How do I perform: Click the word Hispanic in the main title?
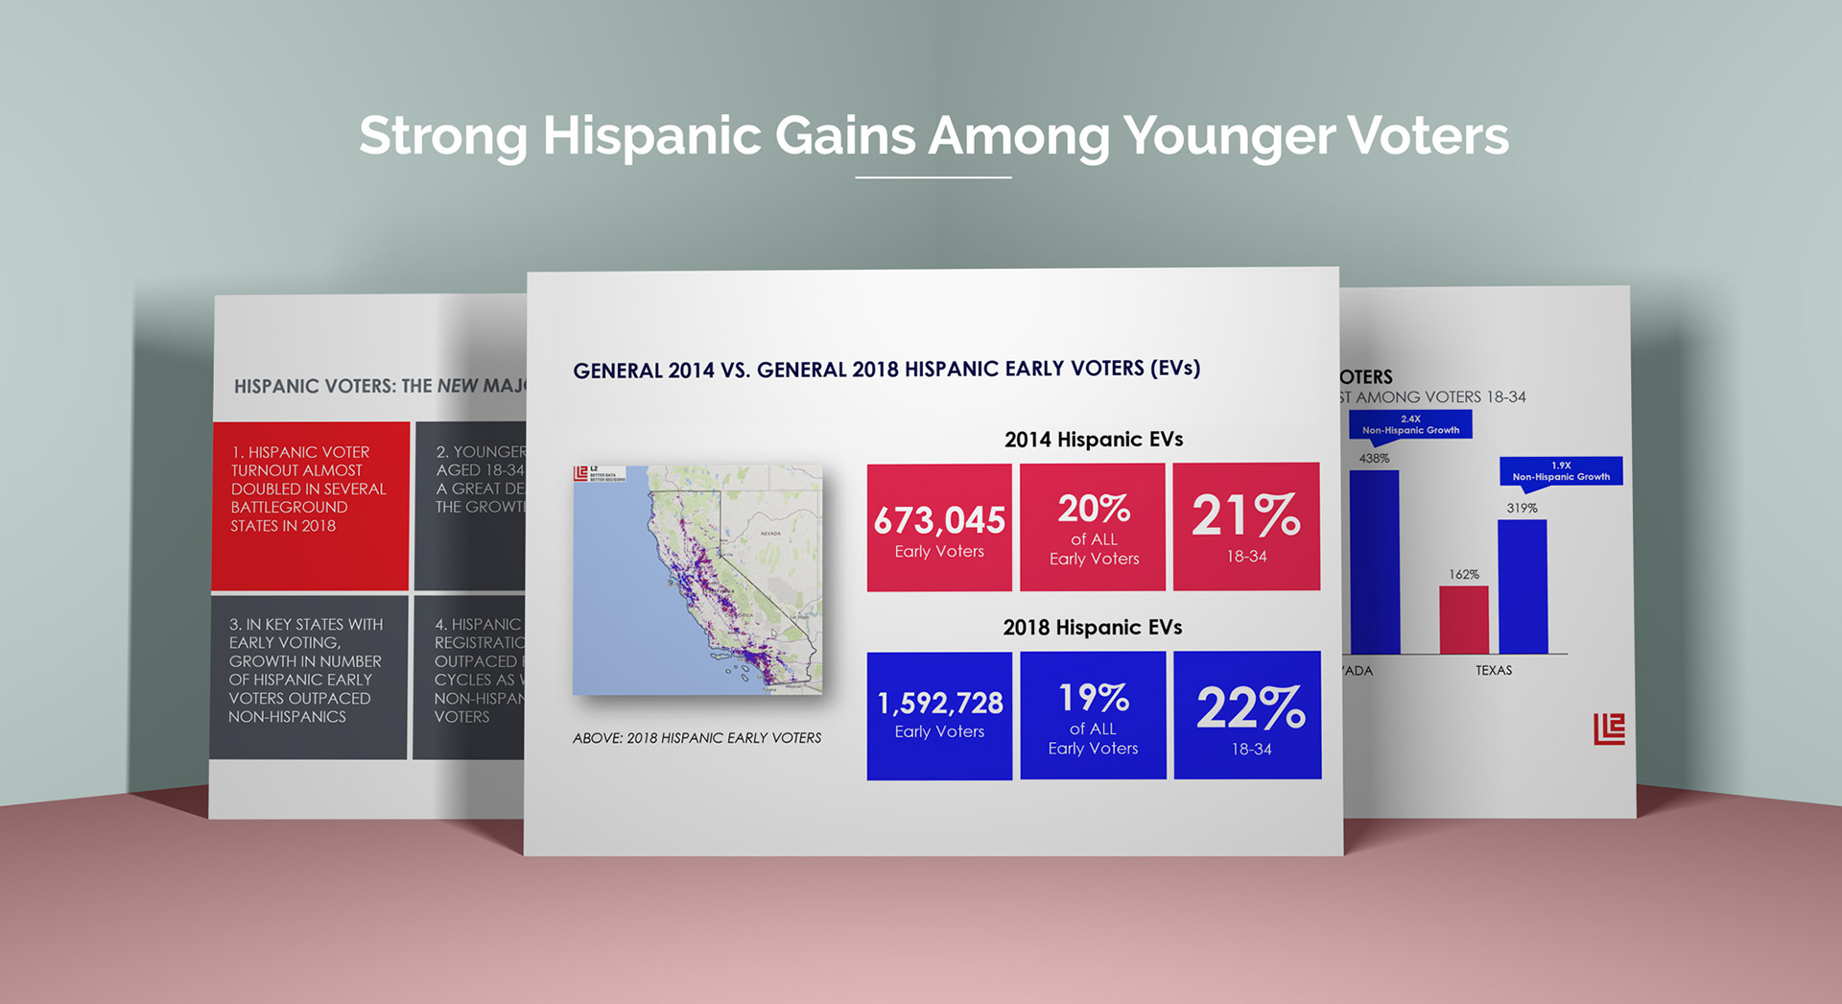click(x=652, y=135)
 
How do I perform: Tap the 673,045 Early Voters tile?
click(x=939, y=527)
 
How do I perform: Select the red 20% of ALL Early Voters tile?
click(x=1093, y=527)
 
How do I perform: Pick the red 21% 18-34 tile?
click(x=1246, y=526)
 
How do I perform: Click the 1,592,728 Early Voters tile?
click(x=939, y=715)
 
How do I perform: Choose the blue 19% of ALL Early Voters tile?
click(x=1093, y=715)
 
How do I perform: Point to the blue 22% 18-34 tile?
click(x=1247, y=715)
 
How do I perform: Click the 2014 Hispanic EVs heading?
click(x=1093, y=440)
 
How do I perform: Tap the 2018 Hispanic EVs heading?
click(x=1092, y=628)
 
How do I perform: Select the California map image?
click(x=697, y=580)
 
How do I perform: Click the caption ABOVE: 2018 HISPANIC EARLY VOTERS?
click(x=697, y=738)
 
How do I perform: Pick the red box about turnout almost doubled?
click(x=310, y=505)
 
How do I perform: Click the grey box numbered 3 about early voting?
click(x=308, y=677)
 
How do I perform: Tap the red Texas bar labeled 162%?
click(x=1463, y=620)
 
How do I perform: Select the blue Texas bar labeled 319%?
click(x=1523, y=586)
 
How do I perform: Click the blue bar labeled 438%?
click(x=1374, y=562)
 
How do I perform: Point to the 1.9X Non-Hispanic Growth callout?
click(x=1561, y=471)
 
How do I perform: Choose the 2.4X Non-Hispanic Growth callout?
click(x=1410, y=424)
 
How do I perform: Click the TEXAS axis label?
click(x=1494, y=670)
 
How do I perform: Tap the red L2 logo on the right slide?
click(x=1609, y=729)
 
